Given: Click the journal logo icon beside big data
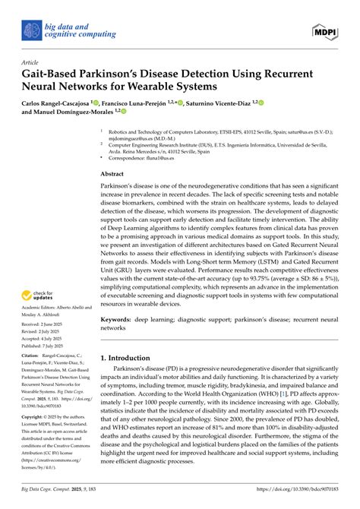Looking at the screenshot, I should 30,30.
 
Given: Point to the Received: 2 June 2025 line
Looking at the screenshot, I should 44,324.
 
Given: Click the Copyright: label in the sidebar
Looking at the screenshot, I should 35,418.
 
